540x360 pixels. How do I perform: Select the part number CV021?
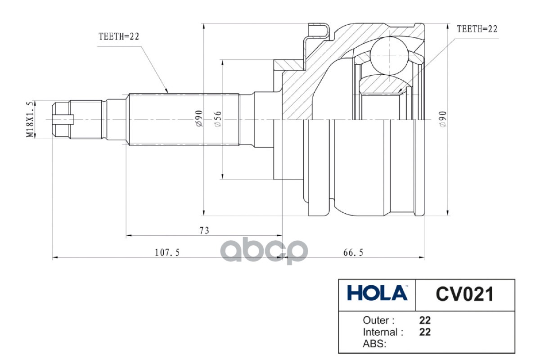click(x=464, y=294)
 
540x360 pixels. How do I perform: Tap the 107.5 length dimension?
click(x=167, y=253)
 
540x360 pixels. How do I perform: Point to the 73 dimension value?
click(x=204, y=230)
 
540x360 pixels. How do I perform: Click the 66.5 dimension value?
click(x=353, y=253)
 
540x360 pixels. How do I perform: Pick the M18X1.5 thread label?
click(x=30, y=120)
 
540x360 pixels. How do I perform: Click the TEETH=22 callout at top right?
click(x=477, y=29)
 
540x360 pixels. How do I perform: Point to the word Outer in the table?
click(x=378, y=320)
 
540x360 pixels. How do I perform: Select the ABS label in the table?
click(x=373, y=344)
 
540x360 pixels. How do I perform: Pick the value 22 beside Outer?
click(x=425, y=320)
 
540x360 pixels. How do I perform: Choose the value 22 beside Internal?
click(x=425, y=332)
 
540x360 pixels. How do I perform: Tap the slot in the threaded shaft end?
click(x=63, y=119)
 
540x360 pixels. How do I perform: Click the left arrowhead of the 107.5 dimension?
click(x=54, y=258)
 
